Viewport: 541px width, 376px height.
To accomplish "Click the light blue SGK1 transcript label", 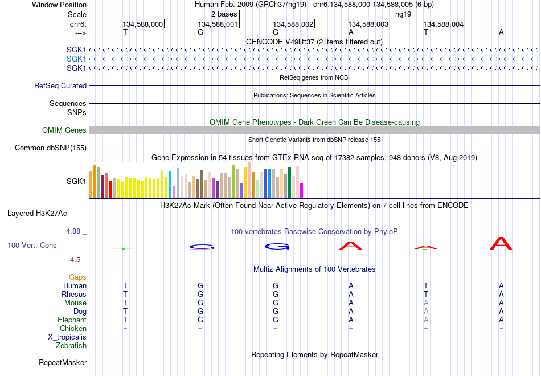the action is click(76, 59).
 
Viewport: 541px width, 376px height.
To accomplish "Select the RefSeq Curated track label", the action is click(60, 85).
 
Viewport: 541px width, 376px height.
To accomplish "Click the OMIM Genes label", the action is click(64, 130).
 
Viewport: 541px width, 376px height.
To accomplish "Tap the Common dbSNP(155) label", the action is click(51, 148).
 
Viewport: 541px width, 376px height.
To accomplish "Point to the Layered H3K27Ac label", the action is click(37, 214).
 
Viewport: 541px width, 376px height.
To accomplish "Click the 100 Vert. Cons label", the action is click(32, 245).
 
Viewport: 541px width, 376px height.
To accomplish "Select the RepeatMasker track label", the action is click(63, 362).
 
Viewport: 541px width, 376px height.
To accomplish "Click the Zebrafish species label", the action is click(71, 345).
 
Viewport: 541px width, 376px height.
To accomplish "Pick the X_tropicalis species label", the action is click(67, 337).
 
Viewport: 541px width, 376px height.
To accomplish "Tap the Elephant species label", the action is click(72, 320).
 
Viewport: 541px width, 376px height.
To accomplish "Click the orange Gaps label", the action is click(77, 277).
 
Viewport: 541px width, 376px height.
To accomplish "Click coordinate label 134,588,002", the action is click(293, 24).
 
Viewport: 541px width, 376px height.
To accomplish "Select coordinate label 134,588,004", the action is click(444, 24).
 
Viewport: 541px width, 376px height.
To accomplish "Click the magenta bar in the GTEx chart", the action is click(301, 190).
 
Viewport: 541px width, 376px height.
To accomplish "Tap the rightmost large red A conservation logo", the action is click(501, 243).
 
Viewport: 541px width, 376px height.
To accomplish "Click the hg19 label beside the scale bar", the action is click(403, 14).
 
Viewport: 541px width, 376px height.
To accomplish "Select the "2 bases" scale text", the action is click(224, 14).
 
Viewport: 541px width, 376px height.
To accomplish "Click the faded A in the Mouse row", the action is click(426, 303).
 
